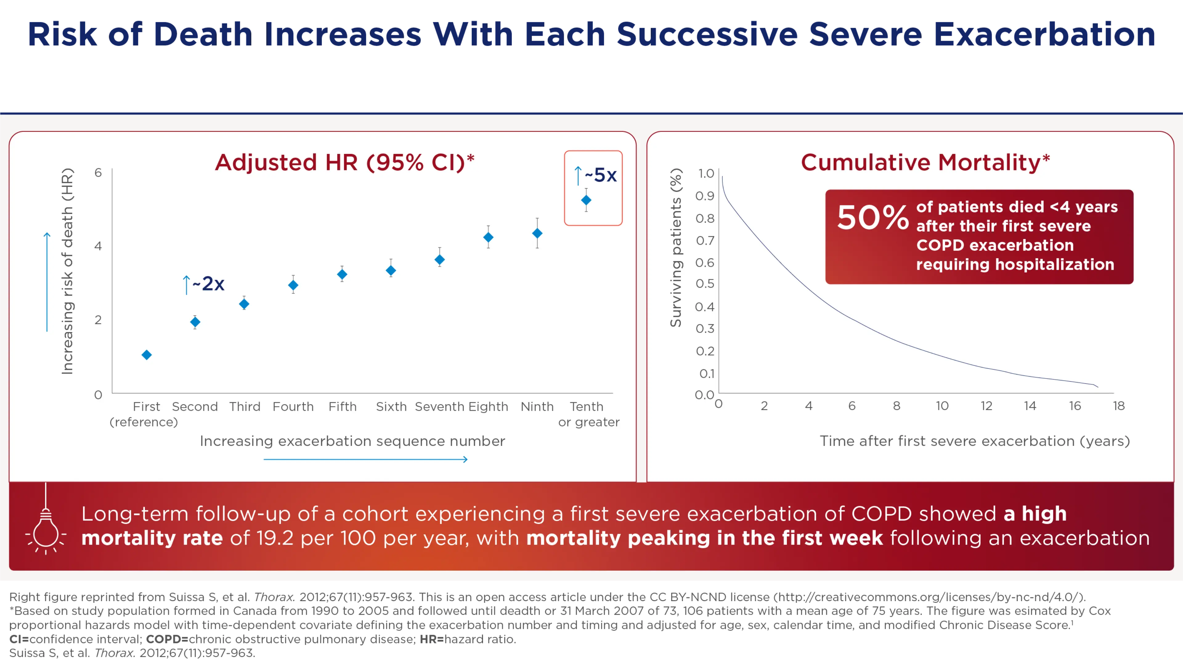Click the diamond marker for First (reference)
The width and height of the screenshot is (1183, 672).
(146, 355)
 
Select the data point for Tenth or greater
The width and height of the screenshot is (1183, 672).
(586, 200)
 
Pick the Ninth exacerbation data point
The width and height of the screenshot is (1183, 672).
(537, 233)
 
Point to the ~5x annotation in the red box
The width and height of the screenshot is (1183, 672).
(596, 175)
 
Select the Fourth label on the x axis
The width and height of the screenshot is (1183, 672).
(293, 407)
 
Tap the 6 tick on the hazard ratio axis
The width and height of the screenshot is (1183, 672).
(98, 172)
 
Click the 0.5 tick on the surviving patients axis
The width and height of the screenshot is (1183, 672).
(705, 283)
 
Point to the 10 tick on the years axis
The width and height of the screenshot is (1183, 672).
(942, 406)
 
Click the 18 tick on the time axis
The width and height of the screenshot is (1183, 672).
(1119, 406)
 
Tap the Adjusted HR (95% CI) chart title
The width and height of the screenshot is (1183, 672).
(345, 163)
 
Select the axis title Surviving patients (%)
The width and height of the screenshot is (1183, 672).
(676, 248)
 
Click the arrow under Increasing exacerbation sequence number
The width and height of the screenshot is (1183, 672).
(366, 459)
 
